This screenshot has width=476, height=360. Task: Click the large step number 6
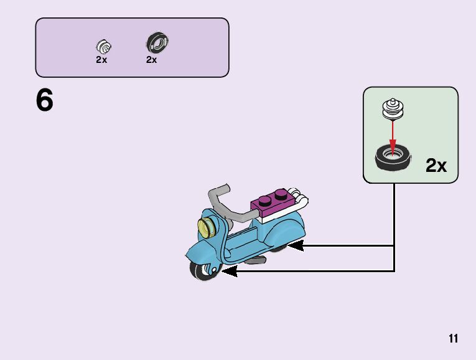[x=45, y=100]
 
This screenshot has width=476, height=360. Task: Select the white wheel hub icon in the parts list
[x=103, y=45]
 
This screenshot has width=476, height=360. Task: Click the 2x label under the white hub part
[x=101, y=60]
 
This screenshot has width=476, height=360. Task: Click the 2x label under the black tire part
[x=152, y=60]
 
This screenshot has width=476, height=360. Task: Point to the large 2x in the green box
[x=436, y=166]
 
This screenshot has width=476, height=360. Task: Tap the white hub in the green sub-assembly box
[x=392, y=108]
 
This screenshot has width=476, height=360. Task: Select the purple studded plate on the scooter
[x=271, y=202]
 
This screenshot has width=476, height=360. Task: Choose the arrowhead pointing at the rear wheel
[x=294, y=246]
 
